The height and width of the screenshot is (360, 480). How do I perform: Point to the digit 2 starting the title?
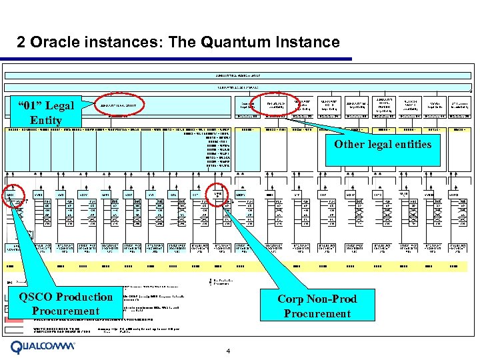[x=21, y=43]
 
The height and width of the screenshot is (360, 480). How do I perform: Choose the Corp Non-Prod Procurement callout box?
[x=317, y=306]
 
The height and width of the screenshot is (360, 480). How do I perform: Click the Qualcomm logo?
[x=44, y=347]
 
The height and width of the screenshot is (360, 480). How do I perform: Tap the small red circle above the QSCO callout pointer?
[x=11, y=196]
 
